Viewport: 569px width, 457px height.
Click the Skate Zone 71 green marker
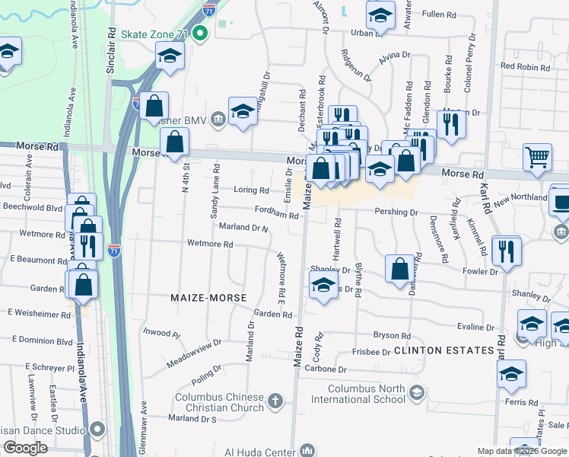pyautogui.click(x=201, y=34)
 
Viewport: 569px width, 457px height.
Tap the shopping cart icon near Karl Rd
pyautogui.click(x=537, y=157)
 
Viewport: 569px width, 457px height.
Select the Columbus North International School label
pyautogui.click(x=362, y=393)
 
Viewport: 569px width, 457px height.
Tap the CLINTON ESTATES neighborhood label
pyautogui.click(x=444, y=350)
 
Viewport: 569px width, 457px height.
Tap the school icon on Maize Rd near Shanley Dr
pyautogui.click(x=324, y=286)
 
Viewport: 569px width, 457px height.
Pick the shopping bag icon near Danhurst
pyautogui.click(x=400, y=268)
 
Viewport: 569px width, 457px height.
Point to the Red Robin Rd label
pyautogui.click(x=525, y=67)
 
